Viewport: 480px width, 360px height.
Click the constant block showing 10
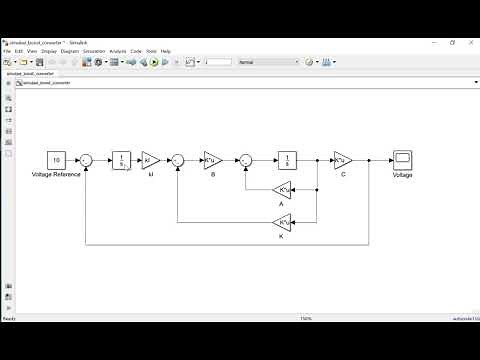pyautogui.click(x=57, y=160)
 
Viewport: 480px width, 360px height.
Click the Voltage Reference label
pyautogui.click(x=57, y=176)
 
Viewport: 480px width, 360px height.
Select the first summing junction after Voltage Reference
pyautogui.click(x=88, y=160)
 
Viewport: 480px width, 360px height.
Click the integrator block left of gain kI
pyautogui.click(x=121, y=160)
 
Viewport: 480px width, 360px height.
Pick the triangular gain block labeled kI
pyautogui.click(x=150, y=160)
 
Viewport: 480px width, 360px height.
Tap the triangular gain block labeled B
pyautogui.click(x=212, y=160)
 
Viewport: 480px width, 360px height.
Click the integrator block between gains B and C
pyautogui.click(x=287, y=160)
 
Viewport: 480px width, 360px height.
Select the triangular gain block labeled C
pyautogui.click(x=342, y=160)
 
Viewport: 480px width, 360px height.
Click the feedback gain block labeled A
pyautogui.click(x=282, y=190)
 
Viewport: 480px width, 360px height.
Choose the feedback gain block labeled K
pyautogui.click(x=282, y=221)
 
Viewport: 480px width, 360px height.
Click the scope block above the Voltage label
pyautogui.click(x=402, y=160)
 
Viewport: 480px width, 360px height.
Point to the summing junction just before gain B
pyautogui.click(x=178, y=160)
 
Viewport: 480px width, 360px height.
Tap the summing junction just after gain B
pyautogui.click(x=246, y=160)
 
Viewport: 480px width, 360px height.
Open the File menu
pyautogui.click(x=7, y=51)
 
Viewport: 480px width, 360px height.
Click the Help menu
pyautogui.click(x=166, y=51)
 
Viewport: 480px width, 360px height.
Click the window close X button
pyautogui.click(x=471, y=43)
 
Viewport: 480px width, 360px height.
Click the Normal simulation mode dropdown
pyautogui.click(x=267, y=62)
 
